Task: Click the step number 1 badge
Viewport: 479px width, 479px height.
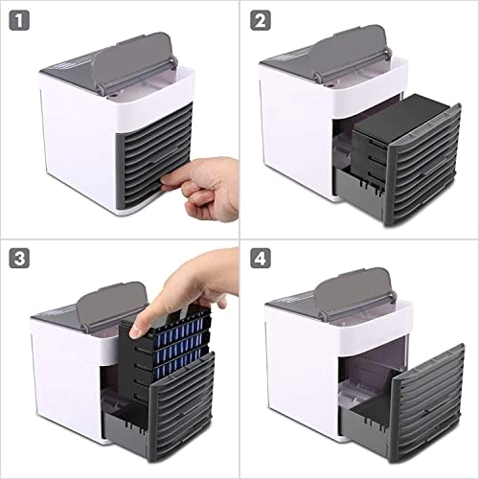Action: click(20, 18)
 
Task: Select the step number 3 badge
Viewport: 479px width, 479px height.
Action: click(20, 259)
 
